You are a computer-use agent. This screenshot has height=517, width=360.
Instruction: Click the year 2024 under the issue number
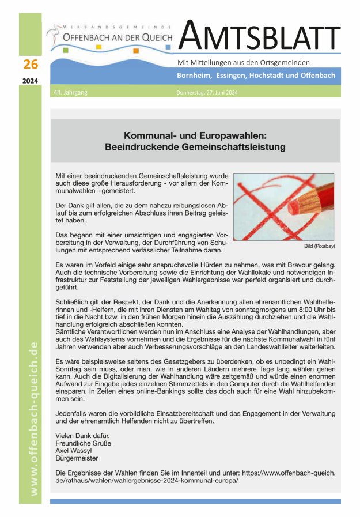pyautogui.click(x=31, y=81)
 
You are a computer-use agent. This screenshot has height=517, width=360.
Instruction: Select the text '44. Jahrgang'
pyautogui.click(x=69, y=92)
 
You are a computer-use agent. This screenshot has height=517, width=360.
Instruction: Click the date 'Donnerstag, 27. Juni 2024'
pyautogui.click(x=206, y=92)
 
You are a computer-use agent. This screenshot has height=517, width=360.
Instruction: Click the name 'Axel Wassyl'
pyautogui.click(x=74, y=451)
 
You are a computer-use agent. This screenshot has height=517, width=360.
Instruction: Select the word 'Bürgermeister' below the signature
pyautogui.click(x=77, y=459)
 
